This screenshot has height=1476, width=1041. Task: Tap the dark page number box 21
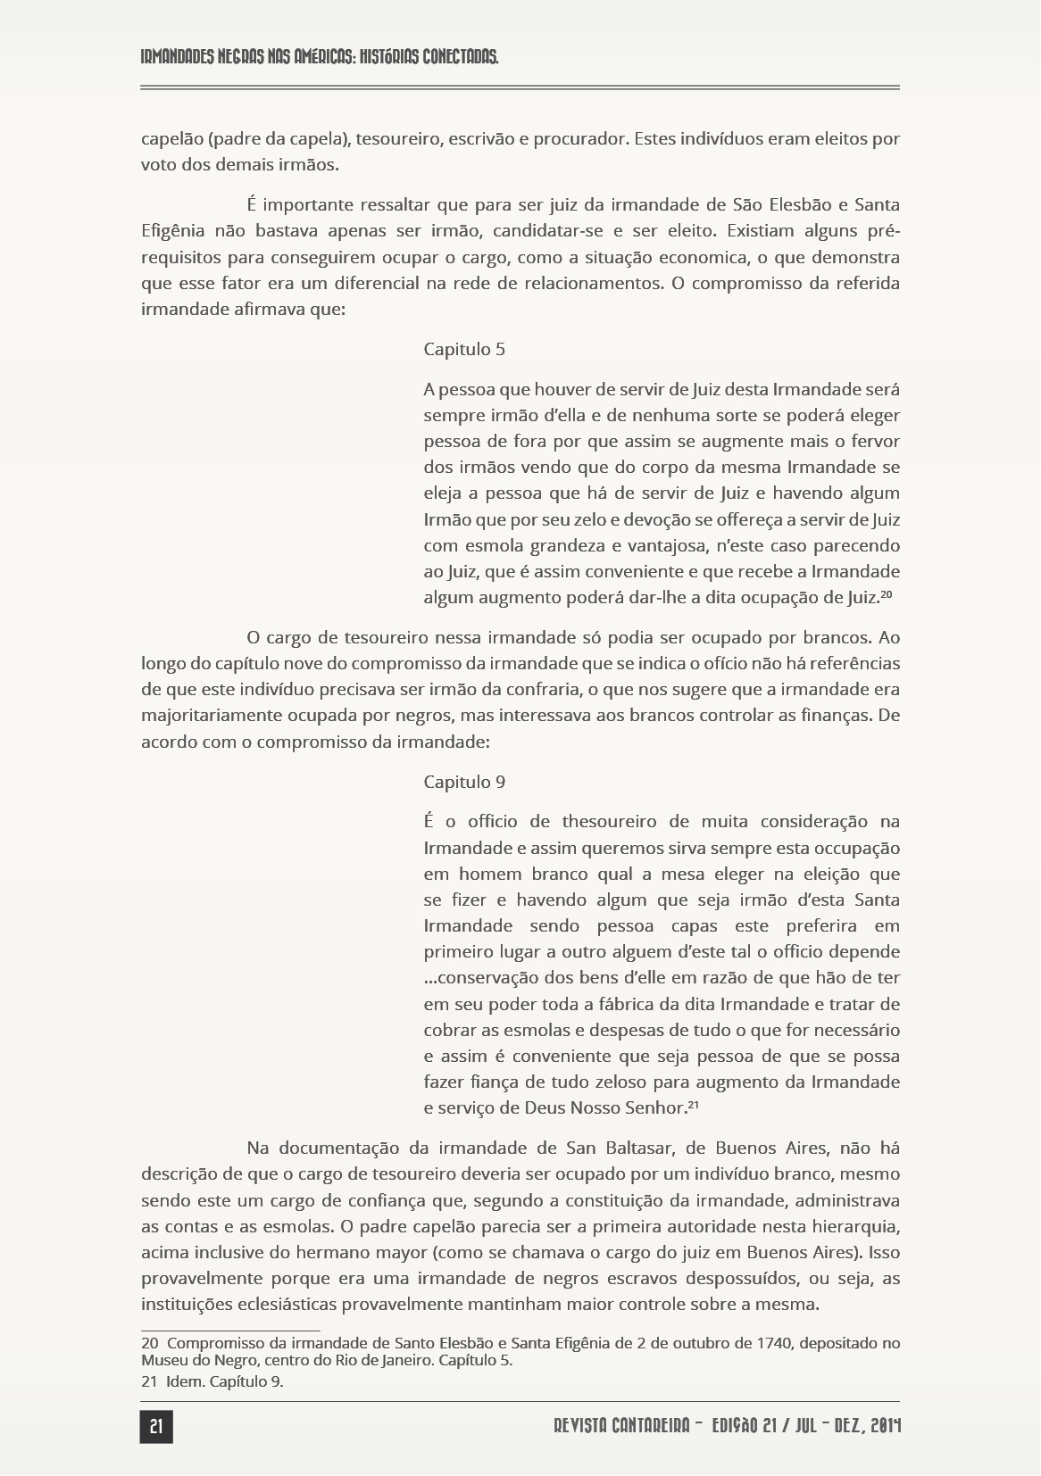tap(156, 1427)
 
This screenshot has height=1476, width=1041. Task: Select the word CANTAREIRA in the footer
tap(653, 1427)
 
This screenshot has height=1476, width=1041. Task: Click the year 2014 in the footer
tap(883, 1427)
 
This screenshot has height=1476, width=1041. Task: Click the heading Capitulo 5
tap(464, 349)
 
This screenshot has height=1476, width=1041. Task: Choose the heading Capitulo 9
tap(464, 782)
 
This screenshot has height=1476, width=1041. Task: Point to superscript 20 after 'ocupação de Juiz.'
tap(887, 594)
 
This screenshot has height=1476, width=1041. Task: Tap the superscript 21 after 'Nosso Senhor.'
tap(692, 1105)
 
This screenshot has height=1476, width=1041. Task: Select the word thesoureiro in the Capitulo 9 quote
tap(609, 821)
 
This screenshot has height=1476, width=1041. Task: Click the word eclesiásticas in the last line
tap(288, 1304)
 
